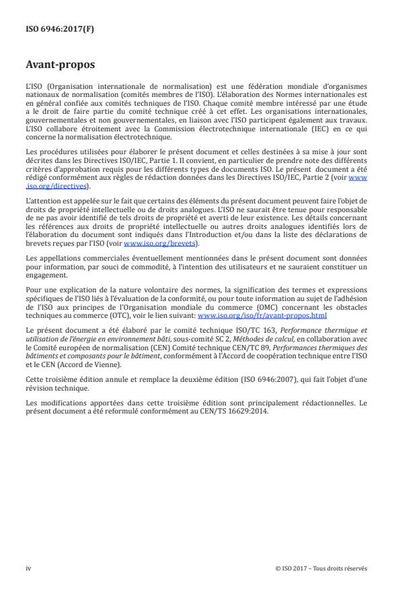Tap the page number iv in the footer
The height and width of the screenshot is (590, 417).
point(28,568)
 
